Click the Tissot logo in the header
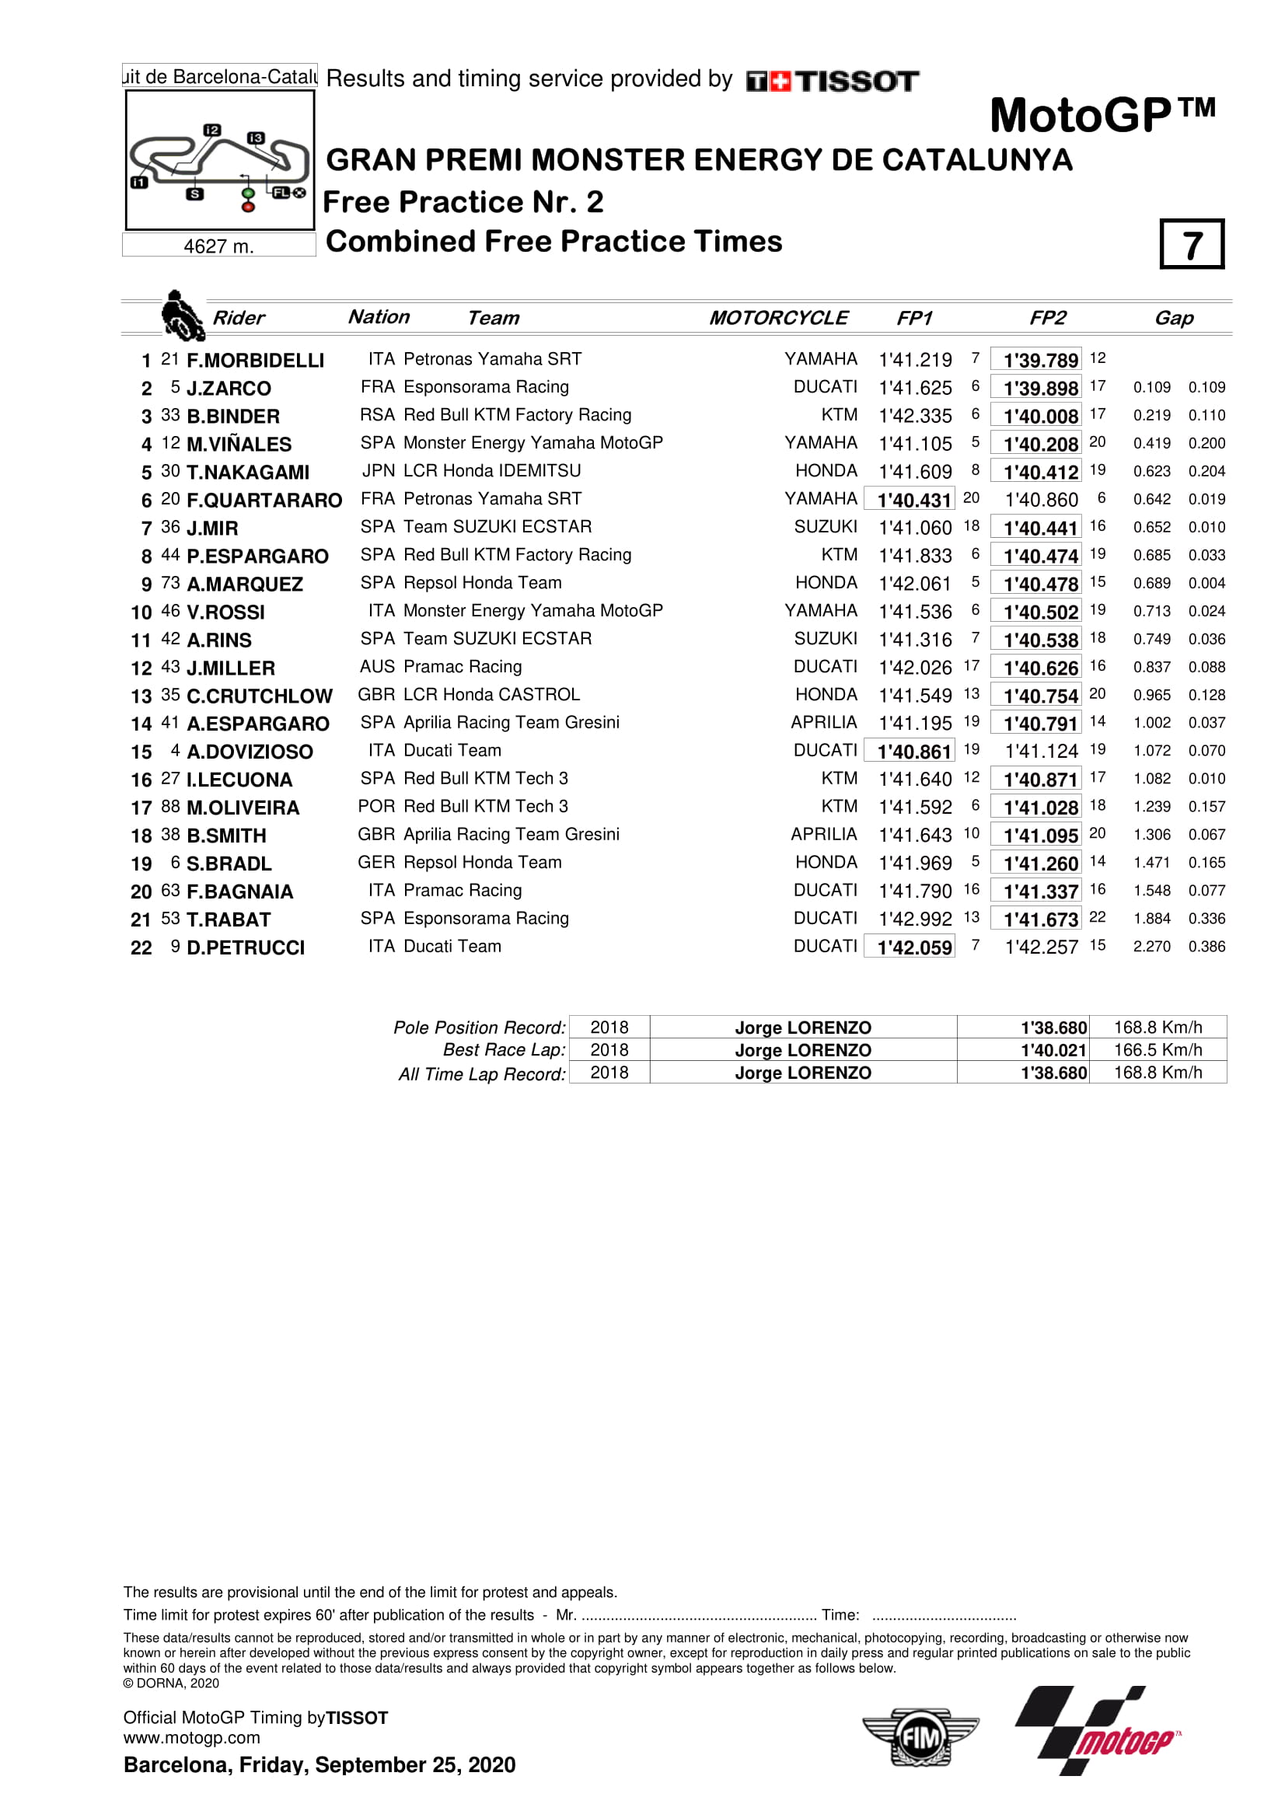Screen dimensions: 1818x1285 click(831, 81)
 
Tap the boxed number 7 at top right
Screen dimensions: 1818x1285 click(1192, 245)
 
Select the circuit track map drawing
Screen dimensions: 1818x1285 click(219, 162)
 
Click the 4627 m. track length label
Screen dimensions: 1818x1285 click(218, 246)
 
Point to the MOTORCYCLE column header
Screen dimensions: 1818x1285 click(777, 319)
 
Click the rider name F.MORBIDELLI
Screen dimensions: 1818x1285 click(255, 361)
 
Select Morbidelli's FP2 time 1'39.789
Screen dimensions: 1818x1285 click(1039, 361)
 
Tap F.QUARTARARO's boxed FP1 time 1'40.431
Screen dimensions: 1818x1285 click(913, 500)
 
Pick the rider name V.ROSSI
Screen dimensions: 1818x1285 click(225, 612)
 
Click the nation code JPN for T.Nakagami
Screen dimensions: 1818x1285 click(379, 471)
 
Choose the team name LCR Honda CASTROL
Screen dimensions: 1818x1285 click(491, 694)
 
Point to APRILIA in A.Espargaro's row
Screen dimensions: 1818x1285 click(823, 722)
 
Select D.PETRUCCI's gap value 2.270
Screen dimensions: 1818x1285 click(1151, 946)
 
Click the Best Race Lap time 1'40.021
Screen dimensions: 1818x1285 click(1053, 1050)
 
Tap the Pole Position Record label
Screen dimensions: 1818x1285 click(480, 1028)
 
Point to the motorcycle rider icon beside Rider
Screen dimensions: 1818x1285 click(181, 315)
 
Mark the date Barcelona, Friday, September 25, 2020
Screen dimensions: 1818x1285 click(319, 1764)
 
